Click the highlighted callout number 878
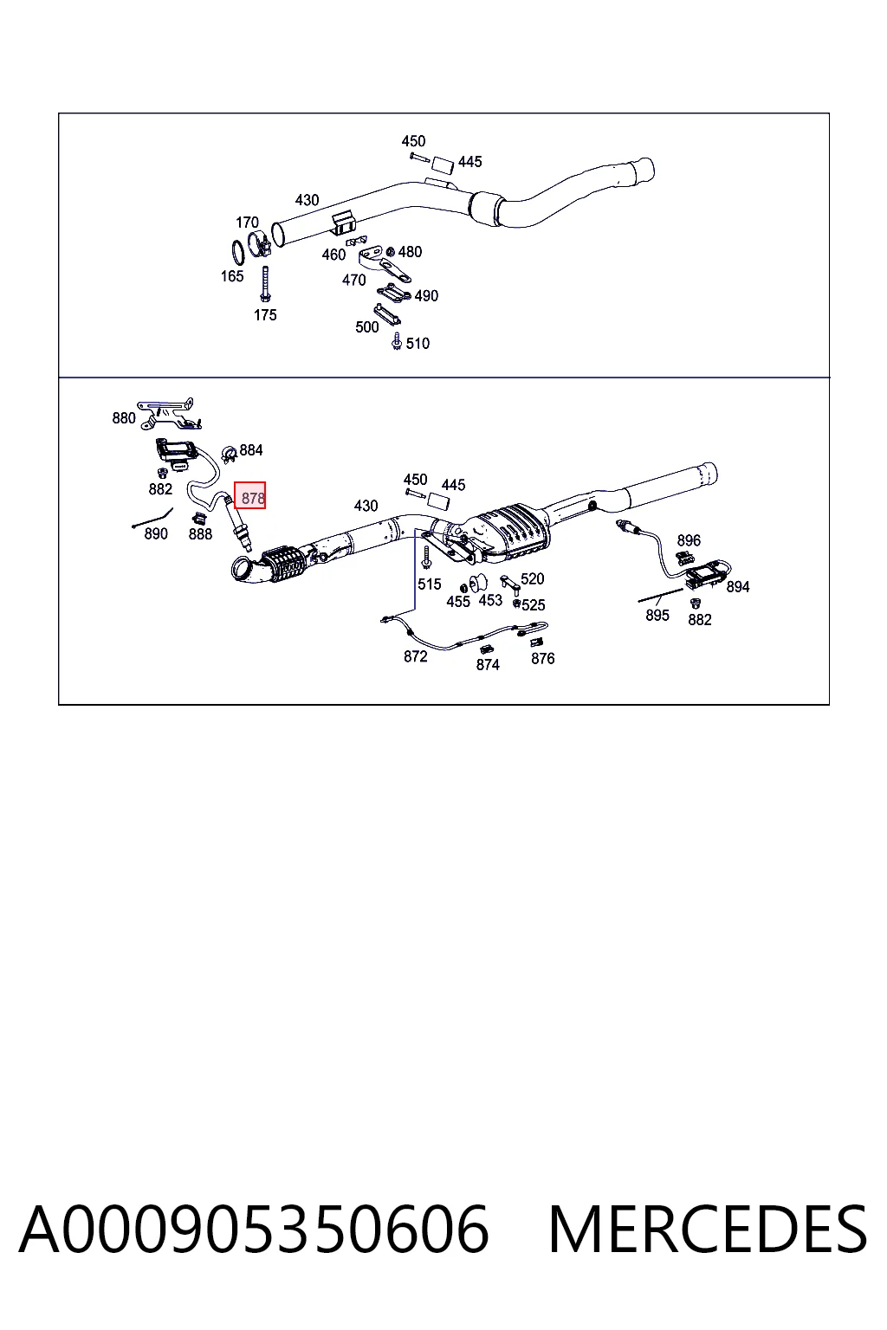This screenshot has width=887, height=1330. coord(252,498)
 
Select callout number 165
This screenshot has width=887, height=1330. coord(231,276)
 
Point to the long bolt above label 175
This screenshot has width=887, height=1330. coord(265,284)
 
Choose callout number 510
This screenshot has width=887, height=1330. coord(418,343)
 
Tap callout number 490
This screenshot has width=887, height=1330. coord(426,295)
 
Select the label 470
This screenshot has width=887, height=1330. coord(353,280)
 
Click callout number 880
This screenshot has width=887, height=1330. coord(124,418)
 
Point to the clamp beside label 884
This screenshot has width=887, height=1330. coord(229,455)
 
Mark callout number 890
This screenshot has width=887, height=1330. coord(156,533)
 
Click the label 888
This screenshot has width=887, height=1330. coord(200,533)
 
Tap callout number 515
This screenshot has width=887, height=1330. coord(429,584)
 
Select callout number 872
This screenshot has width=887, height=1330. coord(415,656)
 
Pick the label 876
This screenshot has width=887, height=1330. coord(542,658)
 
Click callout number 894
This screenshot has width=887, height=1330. coord(738,586)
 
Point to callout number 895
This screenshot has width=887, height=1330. coord(657,615)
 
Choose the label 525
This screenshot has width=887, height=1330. coord(533,605)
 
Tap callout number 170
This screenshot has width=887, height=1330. coord(247,222)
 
